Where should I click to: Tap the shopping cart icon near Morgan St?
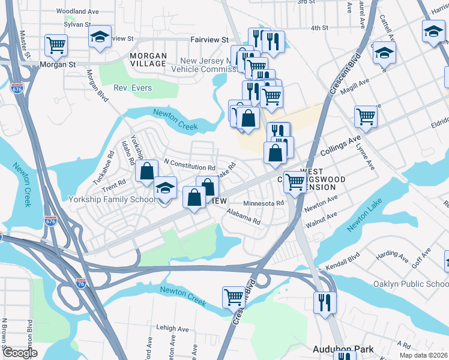click(56, 45)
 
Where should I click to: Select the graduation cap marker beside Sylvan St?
click(100, 36)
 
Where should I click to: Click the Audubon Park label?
click(343, 349)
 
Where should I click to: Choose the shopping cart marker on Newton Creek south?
click(234, 296)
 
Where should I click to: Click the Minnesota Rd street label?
click(264, 203)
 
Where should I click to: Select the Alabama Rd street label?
click(243, 216)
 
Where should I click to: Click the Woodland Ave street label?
click(77, 11)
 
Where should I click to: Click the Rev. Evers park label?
click(134, 88)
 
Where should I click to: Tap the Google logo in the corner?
click(20, 353)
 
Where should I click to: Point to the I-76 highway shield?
click(80, 281)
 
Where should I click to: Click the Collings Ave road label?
click(333, 148)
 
